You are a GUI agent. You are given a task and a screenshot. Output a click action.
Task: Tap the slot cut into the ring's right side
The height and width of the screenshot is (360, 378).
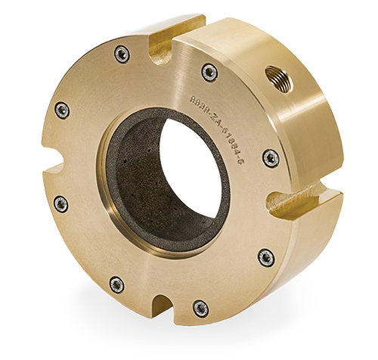(291, 203)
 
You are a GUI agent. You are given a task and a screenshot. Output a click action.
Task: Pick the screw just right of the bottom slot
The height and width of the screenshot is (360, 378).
(198, 308)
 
